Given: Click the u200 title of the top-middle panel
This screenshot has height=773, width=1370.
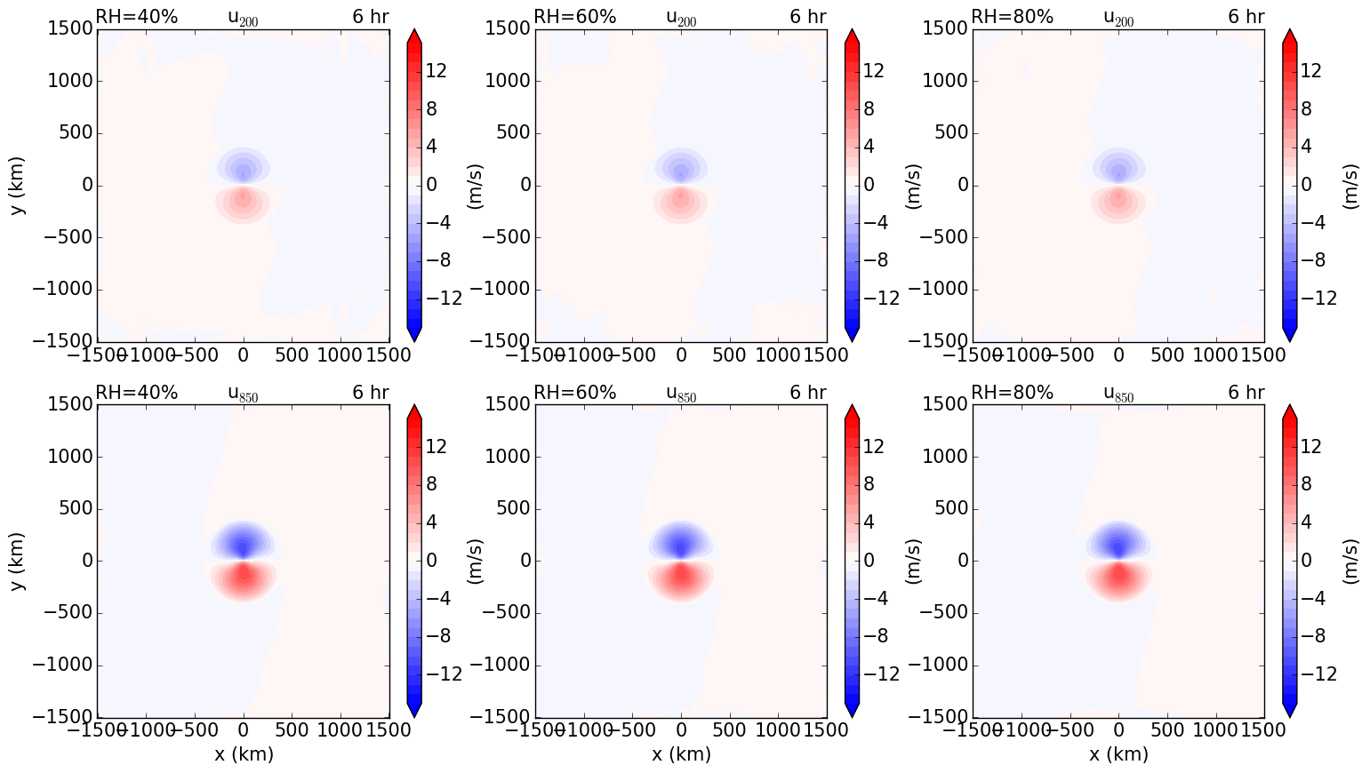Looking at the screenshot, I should (681, 18).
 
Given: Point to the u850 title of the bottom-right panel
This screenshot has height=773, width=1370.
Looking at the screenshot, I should (1118, 394).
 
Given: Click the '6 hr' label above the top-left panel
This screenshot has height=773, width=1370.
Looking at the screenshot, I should (370, 17).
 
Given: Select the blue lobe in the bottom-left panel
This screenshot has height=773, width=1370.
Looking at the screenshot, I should (243, 540).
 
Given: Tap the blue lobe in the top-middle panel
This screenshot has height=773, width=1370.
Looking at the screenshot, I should (681, 166).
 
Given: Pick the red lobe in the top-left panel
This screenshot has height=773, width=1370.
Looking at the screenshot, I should (243, 202).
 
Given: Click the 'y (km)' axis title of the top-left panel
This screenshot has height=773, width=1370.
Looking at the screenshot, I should (17, 185).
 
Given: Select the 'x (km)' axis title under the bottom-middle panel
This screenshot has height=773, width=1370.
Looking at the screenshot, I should (681, 754).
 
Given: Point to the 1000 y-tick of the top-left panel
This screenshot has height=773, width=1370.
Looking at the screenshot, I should (69, 82).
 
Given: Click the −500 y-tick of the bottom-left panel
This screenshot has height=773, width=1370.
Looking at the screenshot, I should (66, 613).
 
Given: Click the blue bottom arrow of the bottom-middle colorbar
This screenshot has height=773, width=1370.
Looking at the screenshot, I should (852, 708).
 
